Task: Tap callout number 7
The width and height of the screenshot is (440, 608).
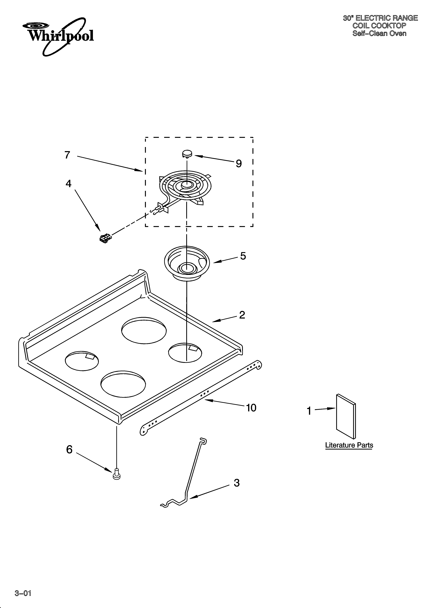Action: (67, 155)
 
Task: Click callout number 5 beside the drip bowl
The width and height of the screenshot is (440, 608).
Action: (243, 256)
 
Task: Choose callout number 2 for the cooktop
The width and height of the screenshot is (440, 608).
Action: (242, 315)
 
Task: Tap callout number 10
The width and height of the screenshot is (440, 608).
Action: (251, 408)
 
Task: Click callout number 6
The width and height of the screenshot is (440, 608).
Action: (69, 450)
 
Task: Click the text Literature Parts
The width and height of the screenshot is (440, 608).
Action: (349, 445)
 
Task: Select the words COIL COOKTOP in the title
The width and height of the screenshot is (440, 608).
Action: (379, 26)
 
